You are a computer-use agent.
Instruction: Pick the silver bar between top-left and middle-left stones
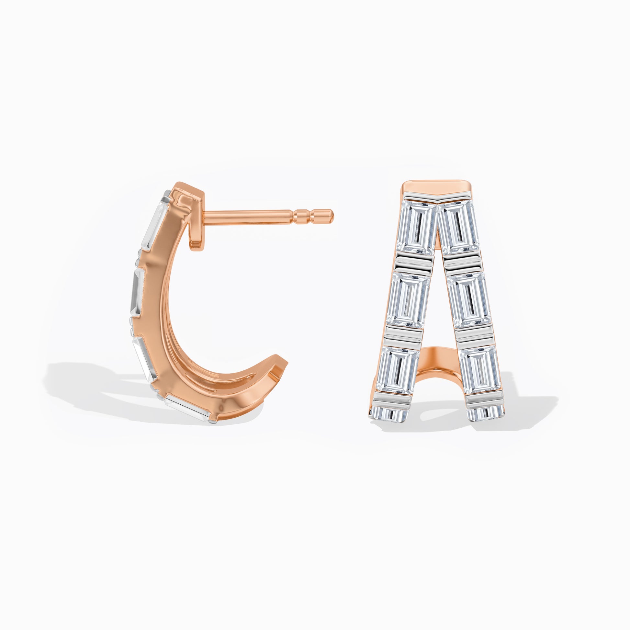pos(415,262)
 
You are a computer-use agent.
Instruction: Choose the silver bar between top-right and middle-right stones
pos(462,262)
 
